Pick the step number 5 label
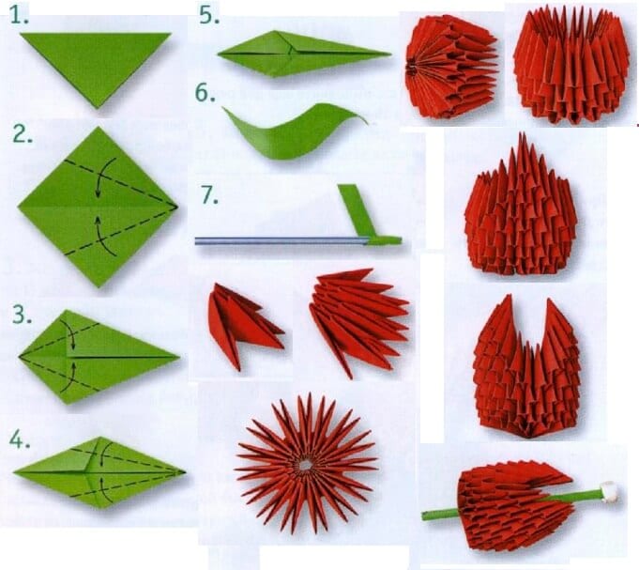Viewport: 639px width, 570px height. point(208,16)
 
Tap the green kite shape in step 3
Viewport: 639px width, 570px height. point(94,356)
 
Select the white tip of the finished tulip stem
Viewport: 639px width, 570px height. point(616,489)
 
